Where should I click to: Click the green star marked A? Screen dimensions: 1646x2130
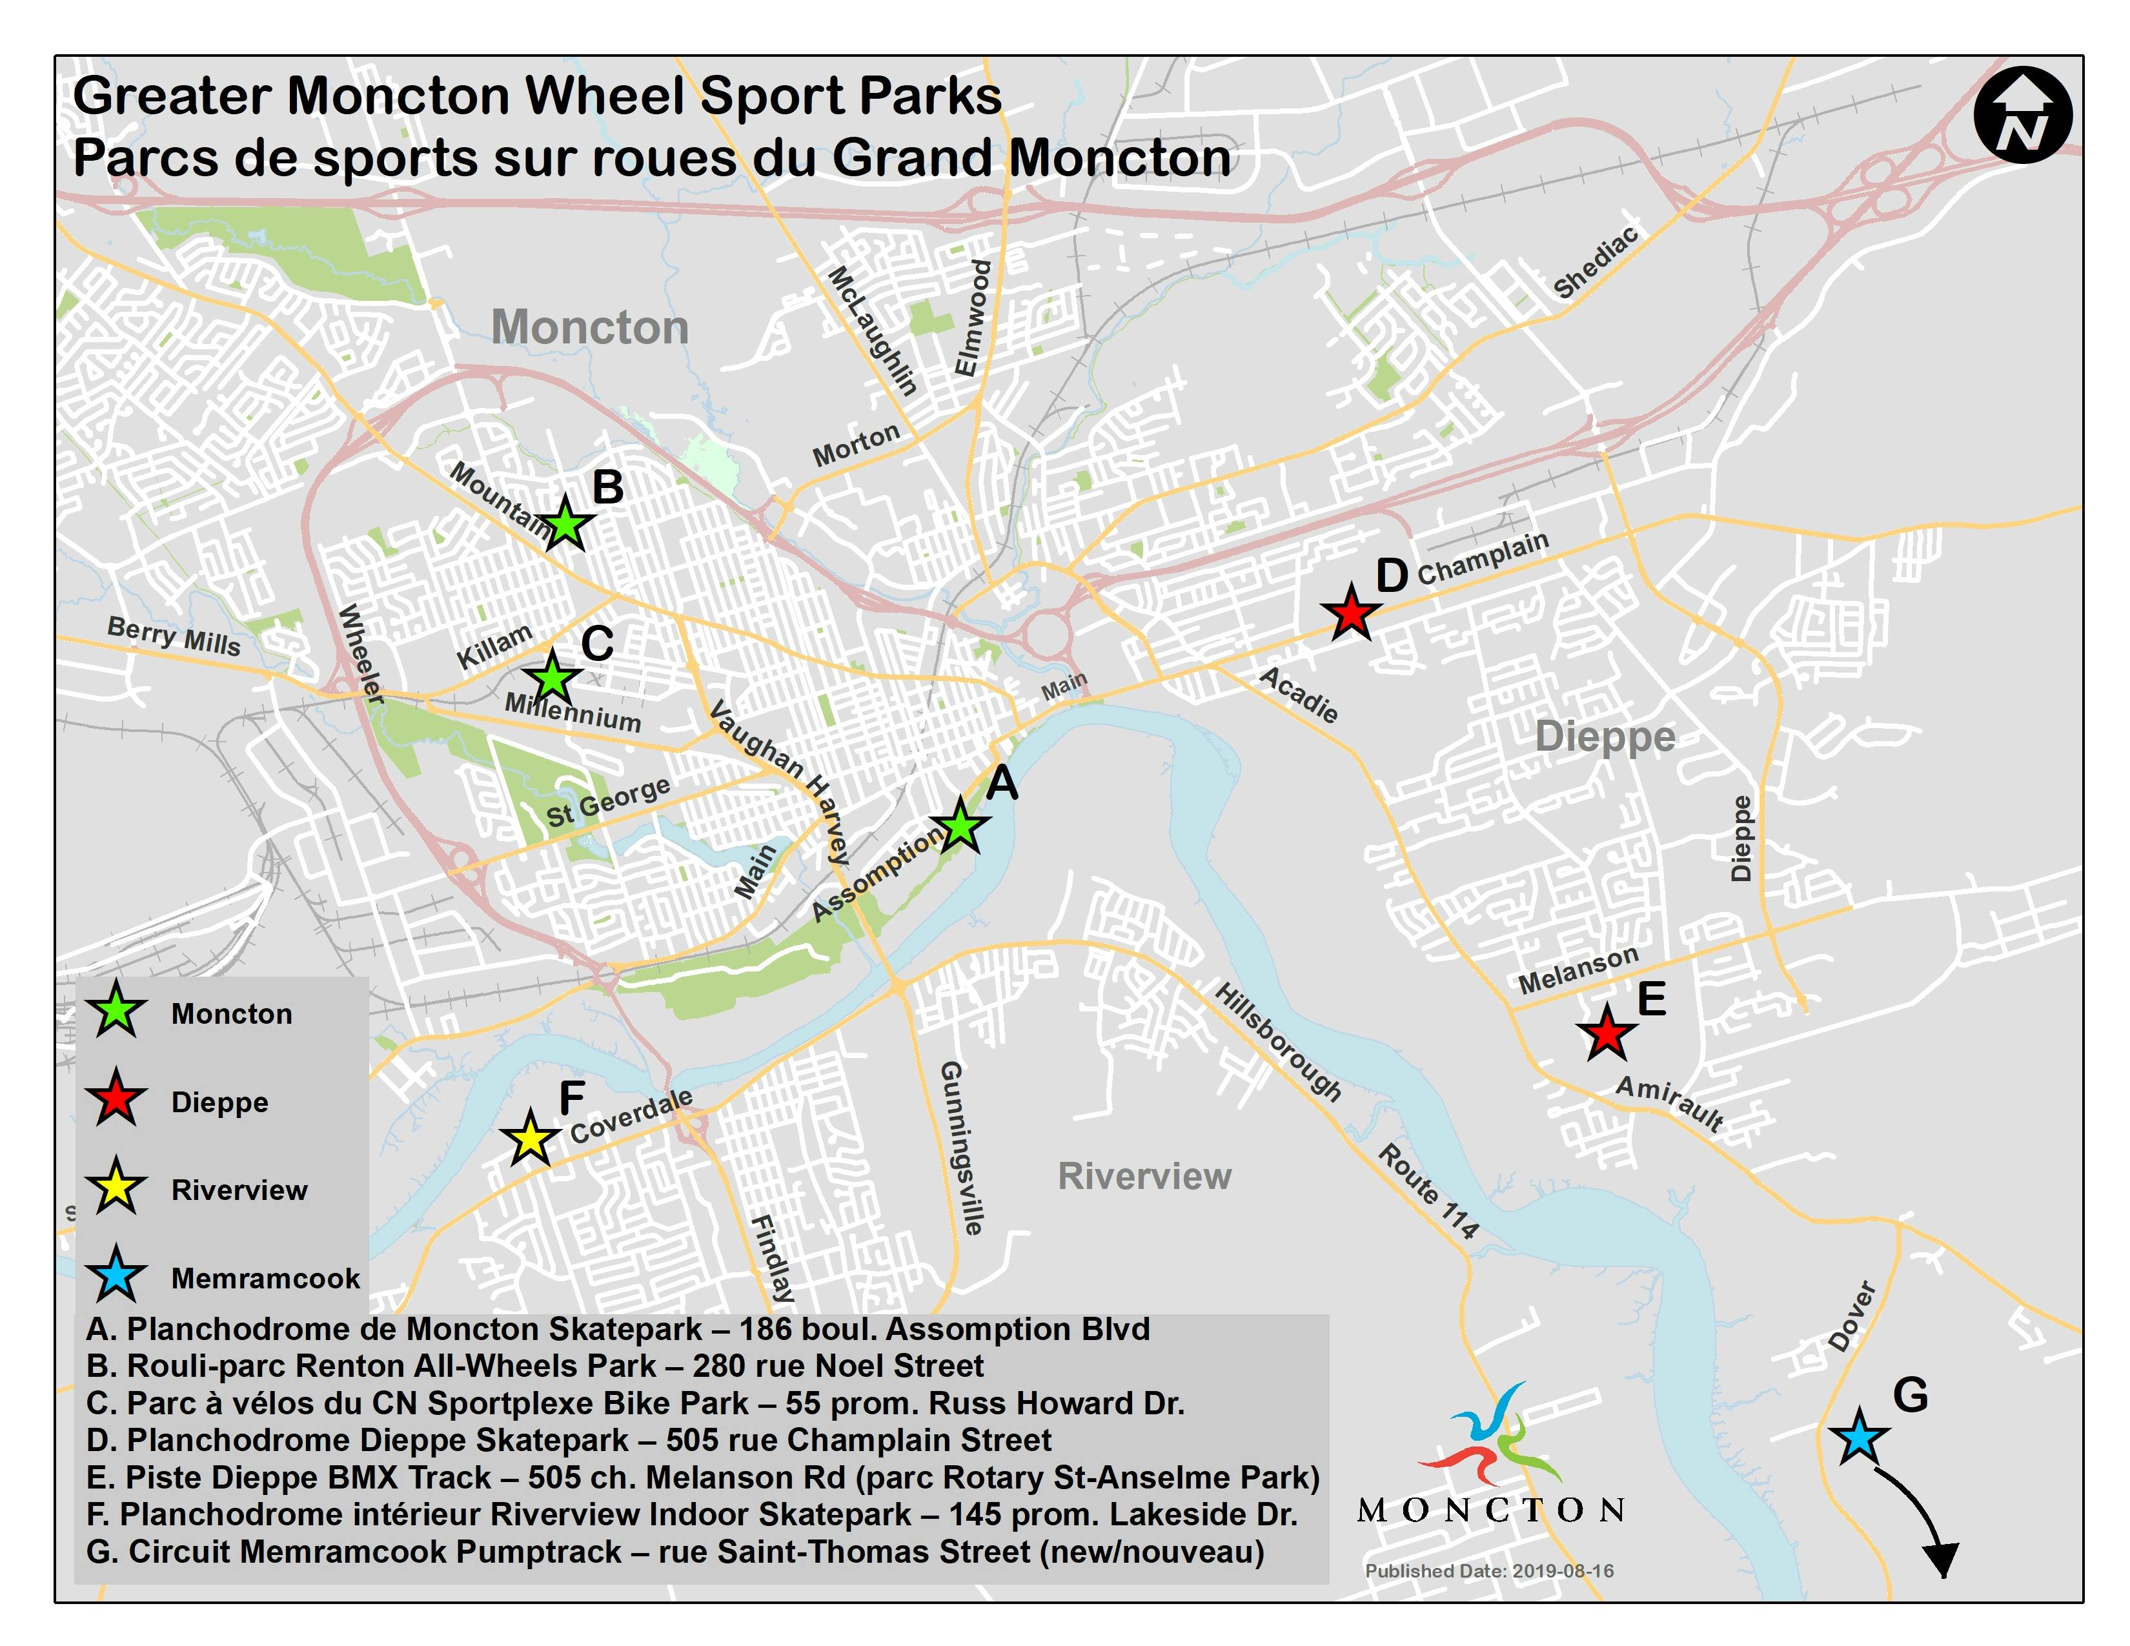pos(960,827)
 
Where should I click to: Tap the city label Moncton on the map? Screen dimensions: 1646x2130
pos(589,327)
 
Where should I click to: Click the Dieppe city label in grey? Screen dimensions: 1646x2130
pos(1605,737)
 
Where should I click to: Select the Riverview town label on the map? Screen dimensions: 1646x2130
pos(1144,1176)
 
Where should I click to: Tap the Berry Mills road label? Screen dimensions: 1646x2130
pos(174,636)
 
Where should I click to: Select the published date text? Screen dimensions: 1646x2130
pos(1488,1571)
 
